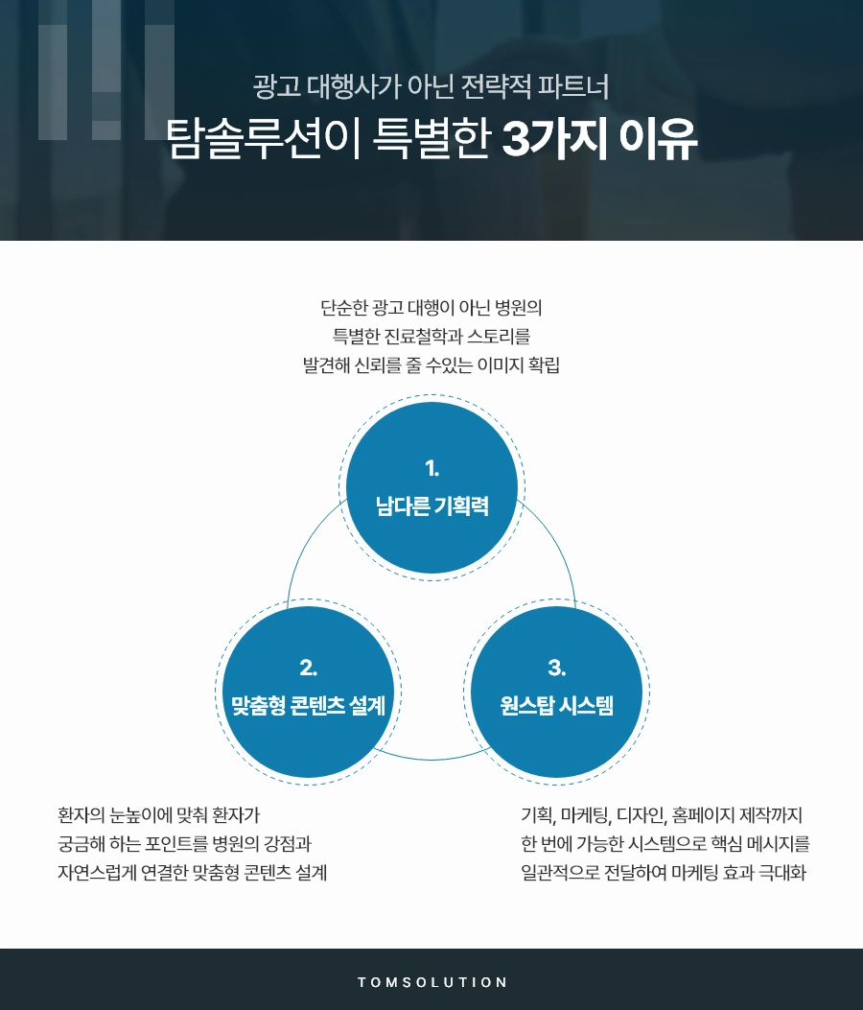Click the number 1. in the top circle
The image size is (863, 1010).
point(431,468)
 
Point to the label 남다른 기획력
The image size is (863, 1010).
point(431,506)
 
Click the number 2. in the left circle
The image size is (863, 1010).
point(308,667)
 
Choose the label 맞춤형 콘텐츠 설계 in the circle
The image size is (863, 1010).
point(308,706)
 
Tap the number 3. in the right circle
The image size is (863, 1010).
point(556,667)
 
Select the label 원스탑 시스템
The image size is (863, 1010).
point(556,706)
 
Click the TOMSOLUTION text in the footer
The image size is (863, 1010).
point(431,982)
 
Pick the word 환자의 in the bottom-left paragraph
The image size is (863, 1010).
point(81,816)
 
